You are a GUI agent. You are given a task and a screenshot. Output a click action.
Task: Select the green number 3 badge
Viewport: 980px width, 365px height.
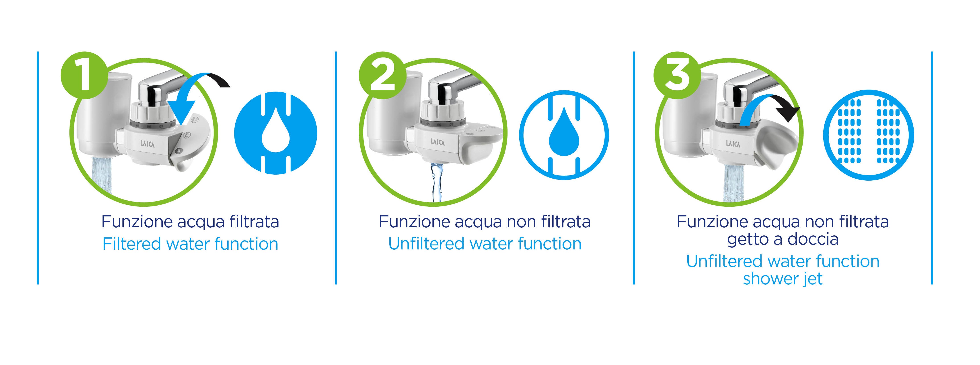pyautogui.click(x=677, y=75)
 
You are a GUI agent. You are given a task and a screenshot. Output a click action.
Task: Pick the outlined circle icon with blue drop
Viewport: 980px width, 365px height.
pyautogui.click(x=564, y=135)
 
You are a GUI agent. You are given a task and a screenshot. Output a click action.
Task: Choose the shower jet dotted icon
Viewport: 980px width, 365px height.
pyautogui.click(x=869, y=135)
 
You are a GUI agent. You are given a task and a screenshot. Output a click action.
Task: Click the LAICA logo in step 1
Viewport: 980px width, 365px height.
pyautogui.click(x=147, y=144)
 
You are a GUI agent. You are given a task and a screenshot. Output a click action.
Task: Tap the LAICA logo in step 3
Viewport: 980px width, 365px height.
pyautogui.click(x=733, y=144)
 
